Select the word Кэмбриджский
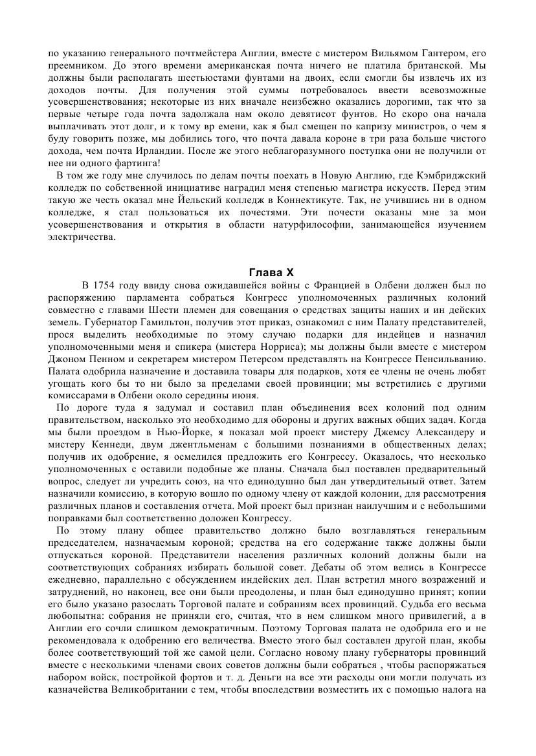[456, 175]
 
